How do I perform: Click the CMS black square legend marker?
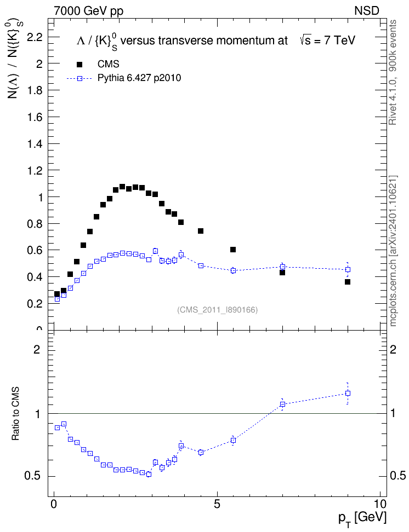[79, 65]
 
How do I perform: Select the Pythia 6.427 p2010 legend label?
[139, 78]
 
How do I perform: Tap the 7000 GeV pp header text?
[88, 11]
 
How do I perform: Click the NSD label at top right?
[367, 11]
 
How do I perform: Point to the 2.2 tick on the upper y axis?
[35, 37]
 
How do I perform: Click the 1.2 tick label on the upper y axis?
[35, 171]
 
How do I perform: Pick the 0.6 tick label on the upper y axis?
[35, 250]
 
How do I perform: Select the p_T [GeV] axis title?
[362, 519]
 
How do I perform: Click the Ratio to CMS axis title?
[15, 414]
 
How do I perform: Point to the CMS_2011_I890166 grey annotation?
[218, 310]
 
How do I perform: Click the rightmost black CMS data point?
[348, 282]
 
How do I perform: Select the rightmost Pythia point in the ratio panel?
[348, 394]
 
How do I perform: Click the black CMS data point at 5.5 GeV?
[233, 250]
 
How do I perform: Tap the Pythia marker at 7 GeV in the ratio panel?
[282, 404]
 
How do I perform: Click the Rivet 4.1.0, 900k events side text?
[393, 72]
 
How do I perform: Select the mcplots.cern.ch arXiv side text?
[393, 251]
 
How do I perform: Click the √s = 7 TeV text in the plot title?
[327, 41]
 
